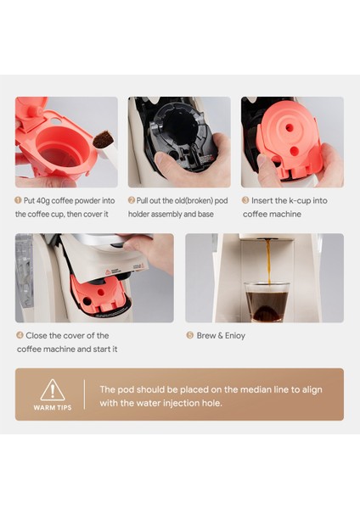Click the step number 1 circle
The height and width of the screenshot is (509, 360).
tap(19, 201)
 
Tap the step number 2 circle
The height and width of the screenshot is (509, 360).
tap(132, 201)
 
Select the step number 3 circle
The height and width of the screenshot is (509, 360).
tap(245, 201)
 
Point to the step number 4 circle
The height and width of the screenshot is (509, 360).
tap(19, 335)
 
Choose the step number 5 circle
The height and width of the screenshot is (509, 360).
tap(189, 335)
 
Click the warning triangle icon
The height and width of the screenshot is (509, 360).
tap(52, 390)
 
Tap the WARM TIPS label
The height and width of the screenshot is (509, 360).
tap(52, 407)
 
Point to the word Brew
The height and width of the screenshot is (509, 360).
tap(209, 335)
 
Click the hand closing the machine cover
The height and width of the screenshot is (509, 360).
tap(153, 250)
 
